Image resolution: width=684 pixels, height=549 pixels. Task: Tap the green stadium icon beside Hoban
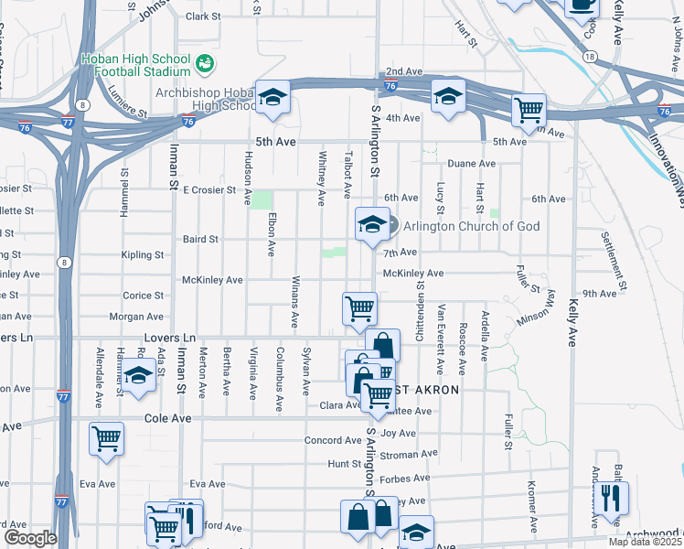pos(205,63)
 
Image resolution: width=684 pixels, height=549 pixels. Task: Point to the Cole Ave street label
pos(168,418)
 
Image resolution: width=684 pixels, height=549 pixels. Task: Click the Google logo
pos(29,538)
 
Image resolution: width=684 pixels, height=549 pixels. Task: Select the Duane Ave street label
pos(471,164)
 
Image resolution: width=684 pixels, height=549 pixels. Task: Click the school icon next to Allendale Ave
pos(138,377)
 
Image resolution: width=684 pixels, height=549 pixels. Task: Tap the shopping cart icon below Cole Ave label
pos(106,438)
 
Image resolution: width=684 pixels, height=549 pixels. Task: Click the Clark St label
pos(203,16)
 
